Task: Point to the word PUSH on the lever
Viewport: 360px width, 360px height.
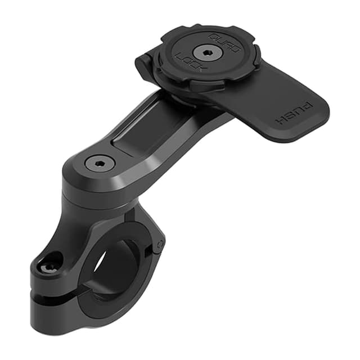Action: coord(289,115)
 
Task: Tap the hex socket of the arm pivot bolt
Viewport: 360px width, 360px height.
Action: coord(100,163)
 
